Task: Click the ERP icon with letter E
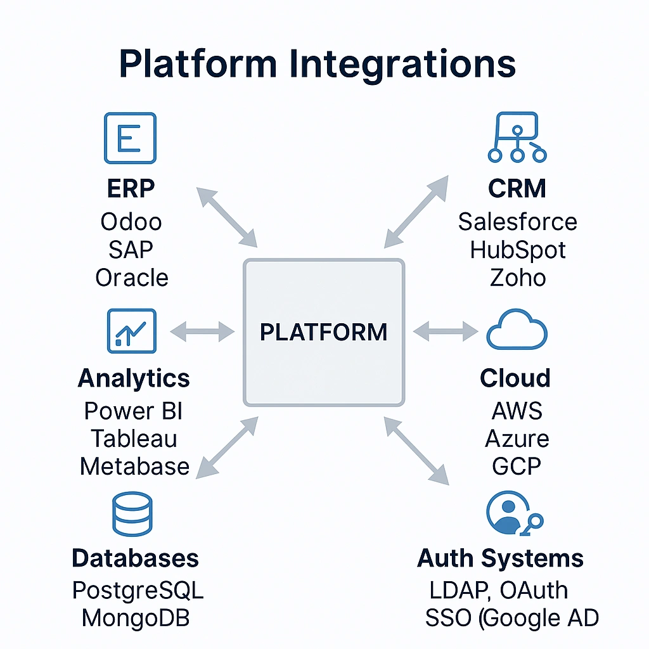coord(129,138)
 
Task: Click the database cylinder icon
coord(132,514)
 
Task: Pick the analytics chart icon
coord(131,330)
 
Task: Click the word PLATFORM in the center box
coord(324,332)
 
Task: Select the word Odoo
coord(131,222)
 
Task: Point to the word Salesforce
coord(517,222)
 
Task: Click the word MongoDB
coord(136,618)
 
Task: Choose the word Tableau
coord(134,439)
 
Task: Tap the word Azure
coord(517,439)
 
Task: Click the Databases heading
coord(135,558)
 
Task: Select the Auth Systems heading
coord(500,558)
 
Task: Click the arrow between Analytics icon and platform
coord(203,330)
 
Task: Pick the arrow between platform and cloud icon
coord(446,330)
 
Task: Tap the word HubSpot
coord(517,250)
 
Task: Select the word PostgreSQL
coord(138,590)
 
